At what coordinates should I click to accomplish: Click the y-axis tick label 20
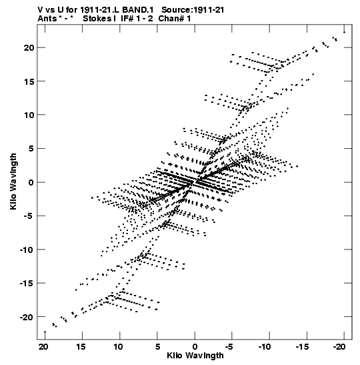coord(29,48)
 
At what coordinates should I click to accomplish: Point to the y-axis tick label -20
coord(27,317)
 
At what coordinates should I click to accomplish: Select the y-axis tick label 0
coord(31,182)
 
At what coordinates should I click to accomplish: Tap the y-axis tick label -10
coord(27,250)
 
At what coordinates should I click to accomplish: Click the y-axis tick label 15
coord(29,81)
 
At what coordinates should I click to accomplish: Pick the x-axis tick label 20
coord(43,347)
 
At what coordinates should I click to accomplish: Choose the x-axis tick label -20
coord(339,347)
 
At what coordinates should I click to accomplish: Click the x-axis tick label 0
coord(195,347)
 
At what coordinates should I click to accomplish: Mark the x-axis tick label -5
coord(229,347)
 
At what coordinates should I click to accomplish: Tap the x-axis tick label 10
coord(118,347)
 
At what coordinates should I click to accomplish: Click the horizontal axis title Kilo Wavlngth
coord(195,356)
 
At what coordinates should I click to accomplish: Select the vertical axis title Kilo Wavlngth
coord(13,181)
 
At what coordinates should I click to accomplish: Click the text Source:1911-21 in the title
coord(193,10)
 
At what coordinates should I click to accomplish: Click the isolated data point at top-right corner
coord(344,32)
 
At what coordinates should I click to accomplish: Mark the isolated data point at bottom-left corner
coord(45,332)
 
